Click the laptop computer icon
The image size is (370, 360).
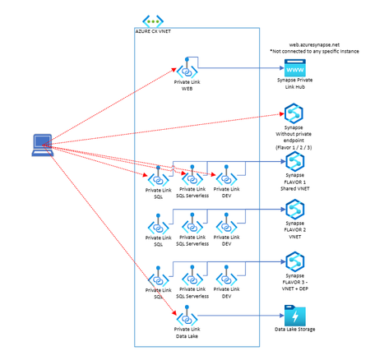[x=41, y=144]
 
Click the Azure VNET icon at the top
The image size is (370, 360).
[x=153, y=21]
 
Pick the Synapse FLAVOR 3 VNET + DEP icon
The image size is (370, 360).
[x=294, y=261]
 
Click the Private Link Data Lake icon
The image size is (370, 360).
[x=188, y=316]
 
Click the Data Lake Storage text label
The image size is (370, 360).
[x=295, y=330]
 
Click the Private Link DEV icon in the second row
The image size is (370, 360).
[x=225, y=223]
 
